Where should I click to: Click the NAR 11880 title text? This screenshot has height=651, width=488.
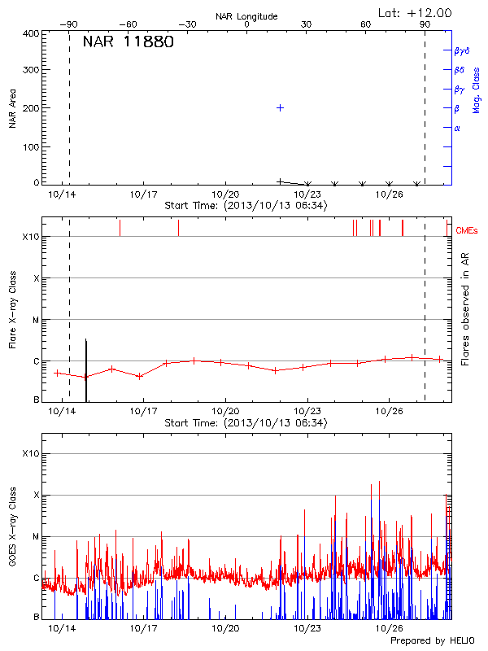pos(128,42)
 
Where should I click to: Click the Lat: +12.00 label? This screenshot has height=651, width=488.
pos(416,12)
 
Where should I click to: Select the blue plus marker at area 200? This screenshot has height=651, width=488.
pos(281,107)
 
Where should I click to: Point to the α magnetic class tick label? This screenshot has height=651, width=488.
pos(457,128)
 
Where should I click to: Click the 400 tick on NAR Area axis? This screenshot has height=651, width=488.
pos(31,34)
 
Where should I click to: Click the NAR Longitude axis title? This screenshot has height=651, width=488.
pos(246,16)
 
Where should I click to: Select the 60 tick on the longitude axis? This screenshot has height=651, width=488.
pos(365,25)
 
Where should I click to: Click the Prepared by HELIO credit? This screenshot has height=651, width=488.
pos(431,640)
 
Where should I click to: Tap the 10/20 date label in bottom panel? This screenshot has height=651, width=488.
pos(225,628)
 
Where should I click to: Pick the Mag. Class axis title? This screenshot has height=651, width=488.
pos(476,90)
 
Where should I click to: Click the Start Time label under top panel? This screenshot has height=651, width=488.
pos(246,206)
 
